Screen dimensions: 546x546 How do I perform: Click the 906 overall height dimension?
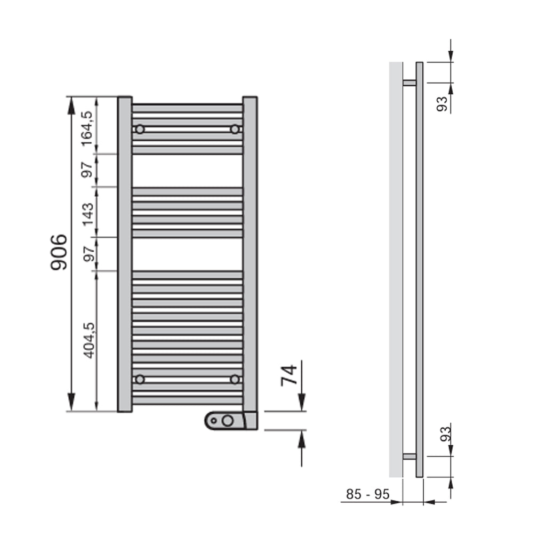click(59, 252)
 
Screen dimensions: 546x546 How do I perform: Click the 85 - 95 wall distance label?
click(367, 495)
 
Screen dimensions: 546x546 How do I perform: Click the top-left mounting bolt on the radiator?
click(140, 129)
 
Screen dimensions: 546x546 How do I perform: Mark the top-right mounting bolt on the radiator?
click(234, 129)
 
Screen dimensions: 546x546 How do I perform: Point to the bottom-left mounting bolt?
click(140, 379)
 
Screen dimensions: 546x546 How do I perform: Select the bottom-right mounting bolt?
click(234, 379)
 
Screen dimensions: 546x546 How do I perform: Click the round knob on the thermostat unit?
click(228, 421)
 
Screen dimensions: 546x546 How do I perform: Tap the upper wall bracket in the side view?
click(409, 83)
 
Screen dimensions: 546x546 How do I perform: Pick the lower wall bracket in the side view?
click(409, 456)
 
